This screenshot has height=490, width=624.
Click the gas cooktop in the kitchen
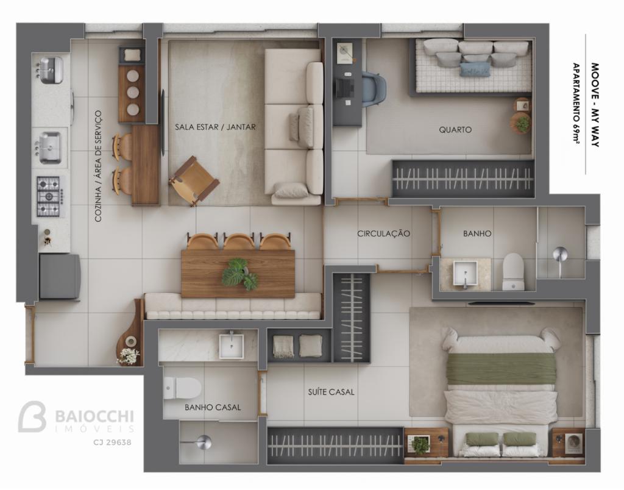click(49, 197)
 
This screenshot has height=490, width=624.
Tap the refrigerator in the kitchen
click(60, 277)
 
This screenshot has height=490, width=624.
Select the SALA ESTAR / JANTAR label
click(215, 127)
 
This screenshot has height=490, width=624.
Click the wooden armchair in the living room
click(194, 181)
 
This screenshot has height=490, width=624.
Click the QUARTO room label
click(455, 129)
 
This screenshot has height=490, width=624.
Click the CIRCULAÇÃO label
click(383, 233)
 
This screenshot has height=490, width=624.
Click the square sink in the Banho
click(465, 274)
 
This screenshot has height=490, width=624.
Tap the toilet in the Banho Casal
click(182, 388)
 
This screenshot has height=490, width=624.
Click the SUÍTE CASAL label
click(331, 392)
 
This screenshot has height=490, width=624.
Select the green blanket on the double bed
click(501, 369)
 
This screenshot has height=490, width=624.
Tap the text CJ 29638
click(112, 442)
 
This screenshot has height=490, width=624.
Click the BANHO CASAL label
click(213, 407)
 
